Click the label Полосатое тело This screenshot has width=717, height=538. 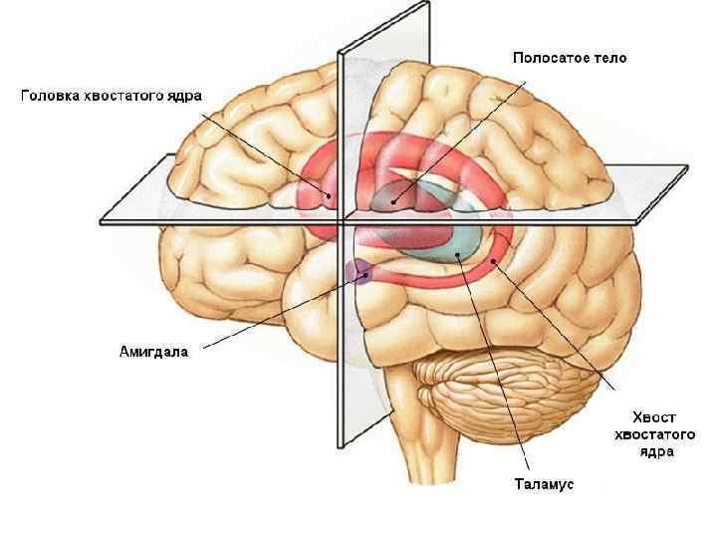[570, 58]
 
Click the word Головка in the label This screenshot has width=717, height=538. [51, 96]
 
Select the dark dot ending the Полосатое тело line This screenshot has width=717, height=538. [395, 200]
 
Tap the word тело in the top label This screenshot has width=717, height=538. [607, 58]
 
